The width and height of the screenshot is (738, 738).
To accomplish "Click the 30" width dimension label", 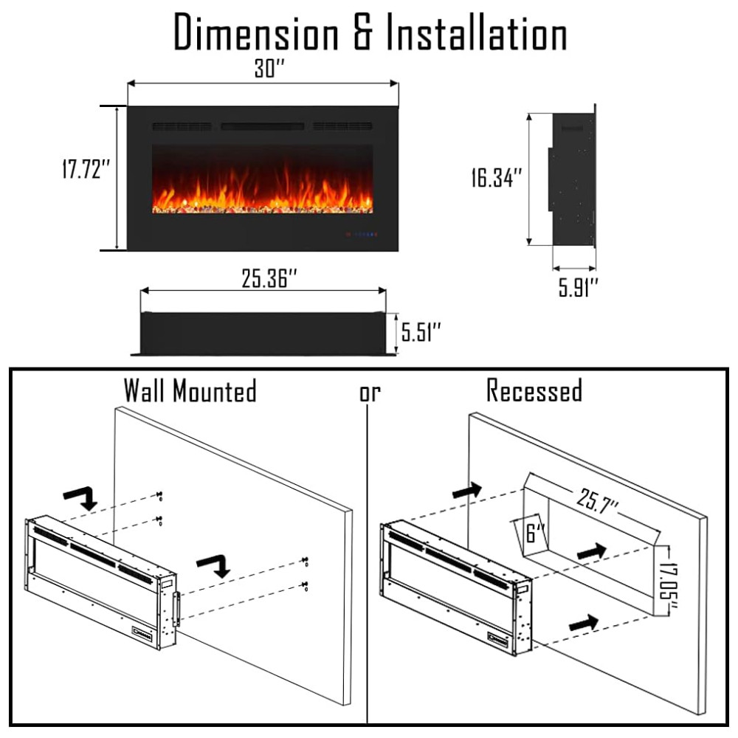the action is click(269, 68).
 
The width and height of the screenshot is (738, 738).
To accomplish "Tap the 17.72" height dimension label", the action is click(86, 169).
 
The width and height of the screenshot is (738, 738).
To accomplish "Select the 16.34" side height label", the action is click(497, 177).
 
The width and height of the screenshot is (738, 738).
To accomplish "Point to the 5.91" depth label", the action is click(578, 287).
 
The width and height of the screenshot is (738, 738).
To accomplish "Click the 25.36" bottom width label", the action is click(269, 278).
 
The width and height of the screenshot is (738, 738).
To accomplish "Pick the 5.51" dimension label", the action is click(421, 332).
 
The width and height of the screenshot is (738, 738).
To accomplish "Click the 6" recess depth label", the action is click(534, 533).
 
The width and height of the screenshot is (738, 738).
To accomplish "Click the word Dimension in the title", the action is click(256, 32).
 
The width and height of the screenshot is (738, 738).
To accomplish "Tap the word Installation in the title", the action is click(476, 32).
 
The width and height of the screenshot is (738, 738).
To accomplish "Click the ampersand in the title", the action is click(362, 32).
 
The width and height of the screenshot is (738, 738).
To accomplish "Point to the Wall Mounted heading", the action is click(190, 390).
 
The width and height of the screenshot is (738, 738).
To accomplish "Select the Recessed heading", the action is click(534, 390).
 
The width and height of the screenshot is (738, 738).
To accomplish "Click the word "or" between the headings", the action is click(370, 393).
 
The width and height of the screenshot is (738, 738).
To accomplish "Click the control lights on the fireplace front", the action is click(362, 234).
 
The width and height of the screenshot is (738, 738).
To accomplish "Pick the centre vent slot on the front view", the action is click(263, 126).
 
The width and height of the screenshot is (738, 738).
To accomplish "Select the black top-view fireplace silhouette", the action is click(263, 334).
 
